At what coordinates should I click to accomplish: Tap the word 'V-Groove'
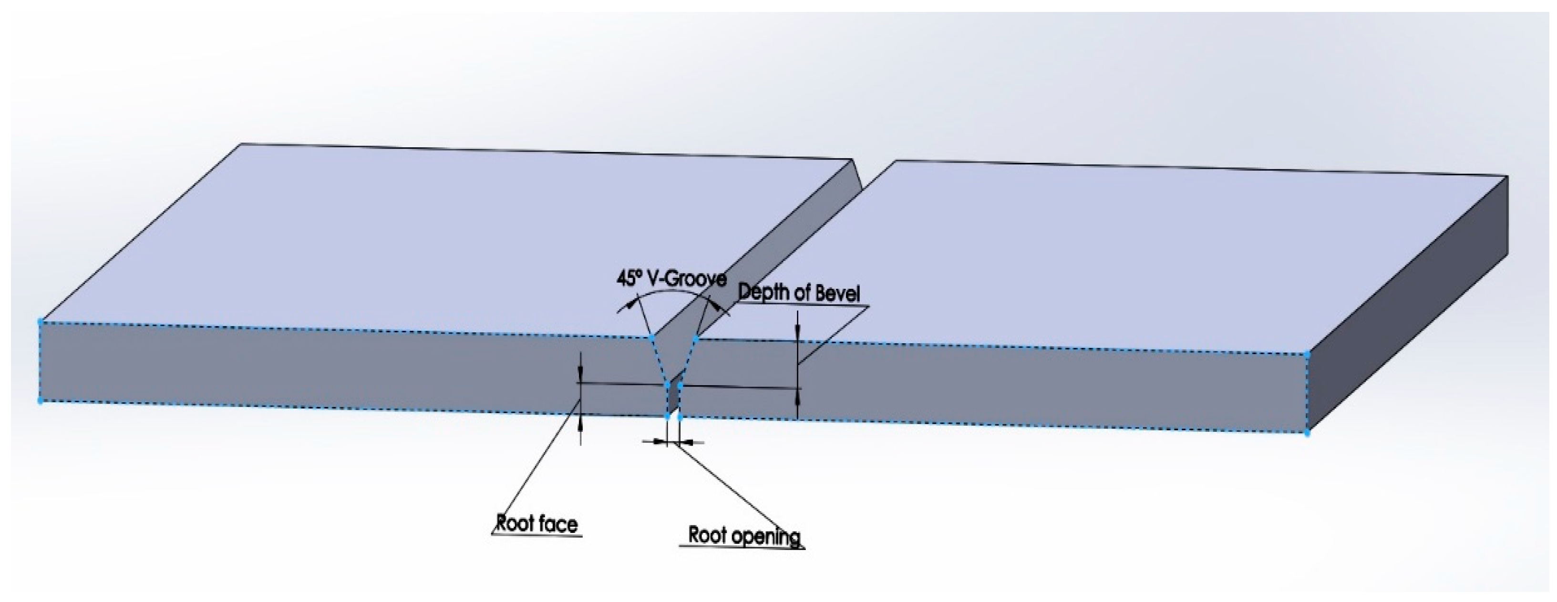(x=688, y=279)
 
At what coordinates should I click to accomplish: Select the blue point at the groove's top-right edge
(x=696, y=339)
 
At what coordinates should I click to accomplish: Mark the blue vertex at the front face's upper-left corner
(x=41, y=322)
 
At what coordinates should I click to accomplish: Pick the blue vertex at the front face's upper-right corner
(x=1307, y=355)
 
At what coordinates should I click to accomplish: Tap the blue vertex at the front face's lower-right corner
(x=1307, y=433)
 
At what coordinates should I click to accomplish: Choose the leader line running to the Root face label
(x=538, y=471)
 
